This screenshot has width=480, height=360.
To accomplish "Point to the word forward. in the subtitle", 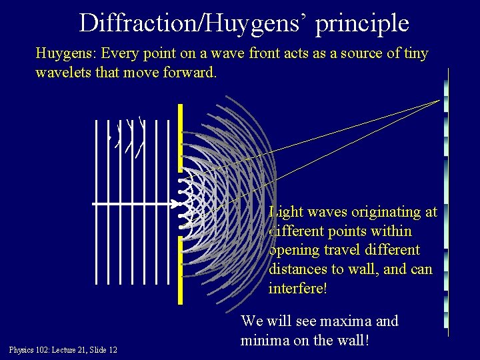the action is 190,72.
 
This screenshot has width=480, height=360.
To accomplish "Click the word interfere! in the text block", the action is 298,289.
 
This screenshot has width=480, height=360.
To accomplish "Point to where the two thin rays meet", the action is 440,100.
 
